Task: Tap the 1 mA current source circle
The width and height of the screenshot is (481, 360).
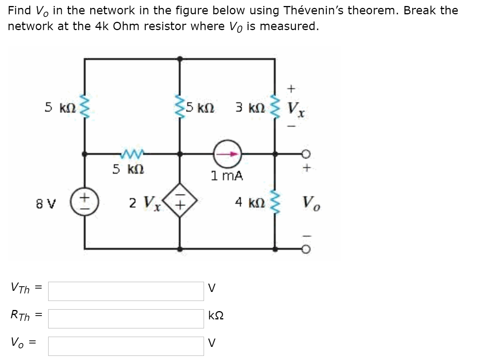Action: (x=227, y=154)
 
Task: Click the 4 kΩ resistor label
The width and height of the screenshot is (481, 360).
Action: (x=250, y=203)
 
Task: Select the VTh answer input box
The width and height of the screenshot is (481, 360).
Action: (x=126, y=291)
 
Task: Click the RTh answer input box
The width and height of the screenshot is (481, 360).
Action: (x=126, y=319)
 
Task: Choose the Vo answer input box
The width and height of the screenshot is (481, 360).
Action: (x=126, y=346)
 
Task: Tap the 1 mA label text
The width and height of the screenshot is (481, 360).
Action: (x=227, y=175)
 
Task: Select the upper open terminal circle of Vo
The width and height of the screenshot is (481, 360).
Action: (x=306, y=154)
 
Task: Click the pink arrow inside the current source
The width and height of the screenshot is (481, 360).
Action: (x=230, y=154)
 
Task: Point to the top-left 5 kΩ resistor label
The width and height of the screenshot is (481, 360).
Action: (x=60, y=108)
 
